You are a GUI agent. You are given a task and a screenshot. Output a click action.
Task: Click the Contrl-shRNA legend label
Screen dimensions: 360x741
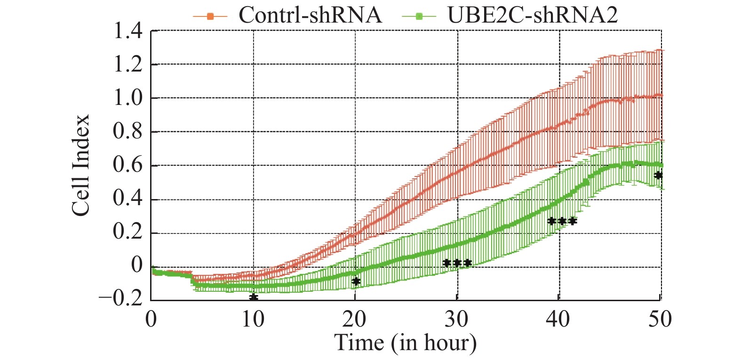tap(310, 15)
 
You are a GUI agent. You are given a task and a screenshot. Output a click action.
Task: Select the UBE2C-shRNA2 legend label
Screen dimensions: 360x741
tap(532, 15)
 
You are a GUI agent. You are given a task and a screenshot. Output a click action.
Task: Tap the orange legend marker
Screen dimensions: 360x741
tap(210, 17)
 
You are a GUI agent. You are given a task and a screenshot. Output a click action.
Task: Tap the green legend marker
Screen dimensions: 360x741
tap(419, 17)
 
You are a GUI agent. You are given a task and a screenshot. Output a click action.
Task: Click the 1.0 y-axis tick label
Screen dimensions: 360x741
tap(127, 98)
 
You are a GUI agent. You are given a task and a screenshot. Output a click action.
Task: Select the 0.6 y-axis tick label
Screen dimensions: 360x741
tap(127, 165)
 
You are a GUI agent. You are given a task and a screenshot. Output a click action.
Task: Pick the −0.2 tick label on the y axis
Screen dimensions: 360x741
tap(120, 298)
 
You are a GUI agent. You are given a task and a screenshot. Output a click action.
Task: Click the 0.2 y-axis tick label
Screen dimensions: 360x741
tap(127, 232)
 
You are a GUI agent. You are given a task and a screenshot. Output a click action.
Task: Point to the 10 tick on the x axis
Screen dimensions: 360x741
tap(253, 320)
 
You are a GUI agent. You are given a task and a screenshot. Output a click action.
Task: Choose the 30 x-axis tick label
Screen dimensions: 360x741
tap(456, 320)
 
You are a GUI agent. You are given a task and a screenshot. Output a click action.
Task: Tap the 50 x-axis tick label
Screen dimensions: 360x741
tap(660, 320)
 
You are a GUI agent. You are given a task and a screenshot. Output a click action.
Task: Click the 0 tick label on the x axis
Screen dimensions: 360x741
tap(151, 320)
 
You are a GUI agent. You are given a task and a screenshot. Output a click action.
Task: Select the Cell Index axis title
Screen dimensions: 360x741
tap(81, 165)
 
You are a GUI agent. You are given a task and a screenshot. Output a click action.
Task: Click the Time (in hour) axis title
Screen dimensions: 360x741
tap(405, 343)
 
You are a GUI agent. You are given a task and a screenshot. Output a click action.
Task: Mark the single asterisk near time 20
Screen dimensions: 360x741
tap(356, 281)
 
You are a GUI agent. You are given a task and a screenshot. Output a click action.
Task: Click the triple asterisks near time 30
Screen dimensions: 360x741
tap(457, 263)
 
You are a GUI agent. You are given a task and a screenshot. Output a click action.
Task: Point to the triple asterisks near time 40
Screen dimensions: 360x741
tap(562, 221)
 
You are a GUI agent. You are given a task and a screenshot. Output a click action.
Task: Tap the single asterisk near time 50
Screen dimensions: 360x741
tap(658, 176)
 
